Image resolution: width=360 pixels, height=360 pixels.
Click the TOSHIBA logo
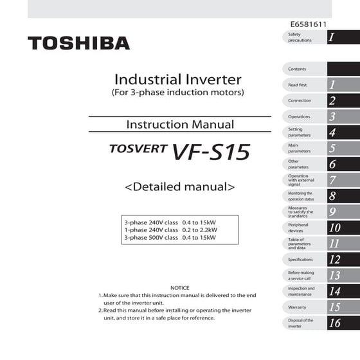point(78,43)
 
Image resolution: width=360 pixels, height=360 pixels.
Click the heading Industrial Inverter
point(177,80)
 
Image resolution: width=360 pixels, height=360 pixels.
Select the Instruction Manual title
point(180,124)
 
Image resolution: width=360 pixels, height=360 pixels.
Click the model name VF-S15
point(210,152)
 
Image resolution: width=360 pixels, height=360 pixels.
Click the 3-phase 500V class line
point(170,237)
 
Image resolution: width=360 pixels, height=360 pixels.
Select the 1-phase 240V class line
point(170,230)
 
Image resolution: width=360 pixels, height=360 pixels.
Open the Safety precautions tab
point(300,37)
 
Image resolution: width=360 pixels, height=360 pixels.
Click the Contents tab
point(298,69)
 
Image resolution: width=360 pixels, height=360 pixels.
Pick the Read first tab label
point(298,85)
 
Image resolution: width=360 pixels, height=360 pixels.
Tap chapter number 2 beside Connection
point(332,101)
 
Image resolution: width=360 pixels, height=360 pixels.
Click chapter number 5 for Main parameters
point(332,148)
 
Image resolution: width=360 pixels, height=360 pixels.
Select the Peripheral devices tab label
point(298,228)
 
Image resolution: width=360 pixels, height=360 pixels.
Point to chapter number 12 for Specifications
point(334,260)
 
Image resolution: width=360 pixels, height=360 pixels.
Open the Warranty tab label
point(298,307)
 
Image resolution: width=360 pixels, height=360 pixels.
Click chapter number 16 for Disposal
point(334,323)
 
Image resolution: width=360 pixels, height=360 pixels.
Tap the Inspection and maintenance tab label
point(301,291)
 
